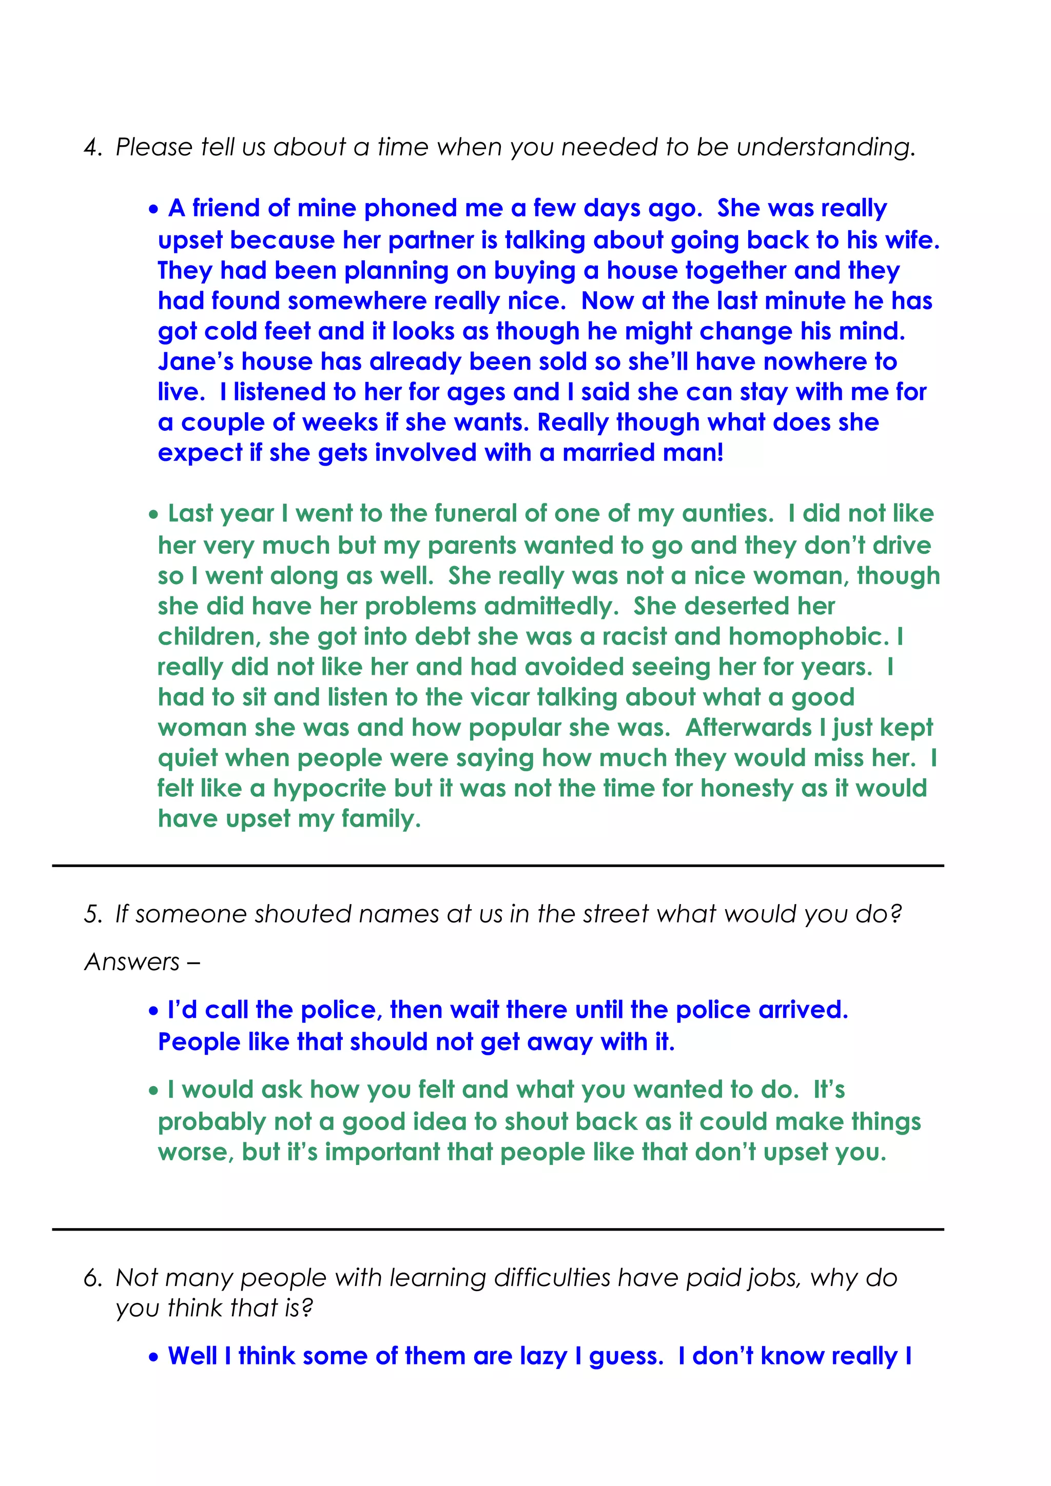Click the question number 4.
click(x=92, y=148)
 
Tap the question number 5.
click(x=92, y=914)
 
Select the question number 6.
click(x=92, y=1278)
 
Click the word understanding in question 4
click(x=826, y=148)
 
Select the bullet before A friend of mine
click(x=153, y=210)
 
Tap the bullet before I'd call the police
click(x=153, y=1012)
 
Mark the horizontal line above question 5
click(x=497, y=866)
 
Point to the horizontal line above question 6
click(x=497, y=1229)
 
